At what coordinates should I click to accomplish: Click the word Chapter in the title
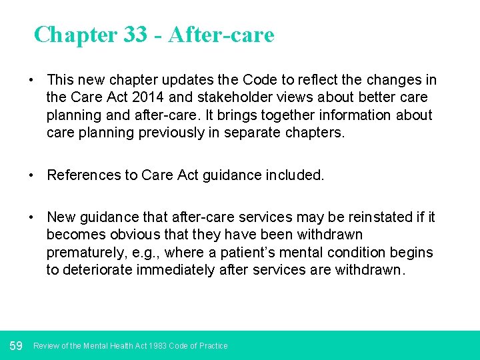point(75,35)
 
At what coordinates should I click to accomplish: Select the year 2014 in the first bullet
point(139,97)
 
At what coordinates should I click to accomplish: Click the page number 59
point(16,345)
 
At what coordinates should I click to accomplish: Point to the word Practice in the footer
point(213,346)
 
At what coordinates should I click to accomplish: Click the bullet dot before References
point(31,175)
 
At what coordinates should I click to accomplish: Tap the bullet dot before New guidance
point(31,217)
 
